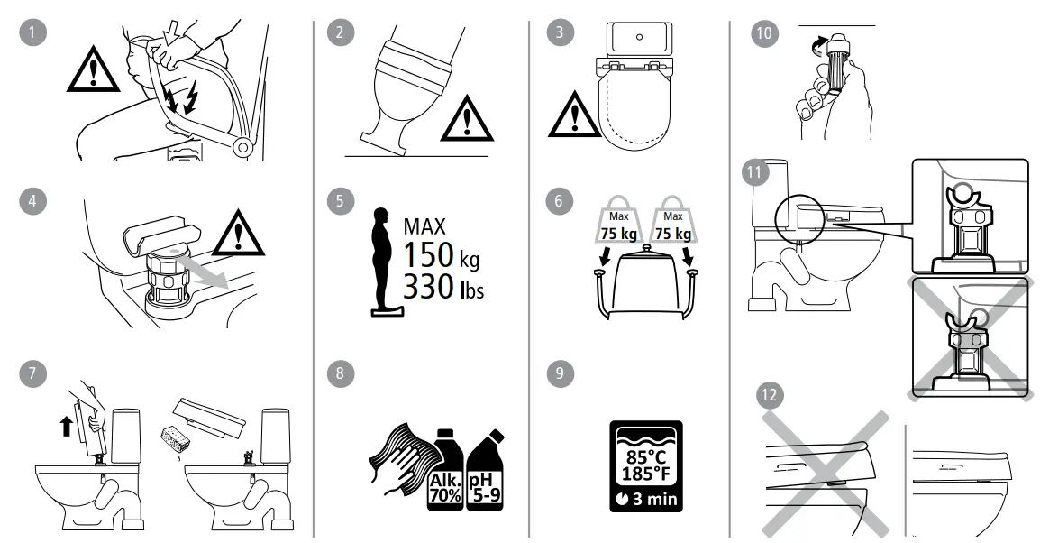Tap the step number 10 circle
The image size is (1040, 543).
pyautogui.click(x=763, y=33)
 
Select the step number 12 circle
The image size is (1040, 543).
pyautogui.click(x=771, y=395)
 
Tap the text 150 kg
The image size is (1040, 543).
pyautogui.click(x=442, y=255)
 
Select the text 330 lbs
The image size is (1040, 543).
pyautogui.click(x=442, y=289)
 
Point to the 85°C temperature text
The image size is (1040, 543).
pyautogui.click(x=645, y=456)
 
